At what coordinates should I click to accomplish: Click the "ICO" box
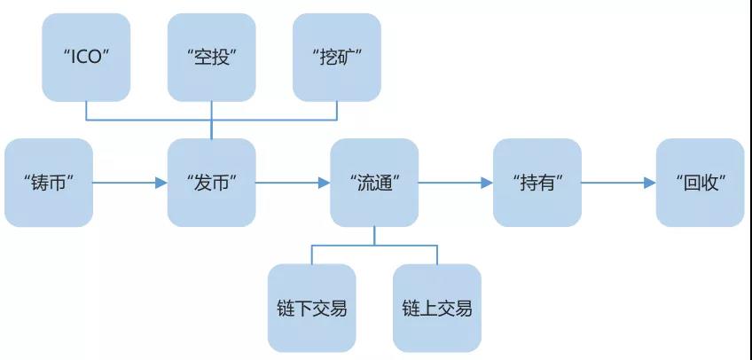point(86,58)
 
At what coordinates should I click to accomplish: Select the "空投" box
point(211,58)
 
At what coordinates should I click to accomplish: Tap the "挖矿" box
point(337,58)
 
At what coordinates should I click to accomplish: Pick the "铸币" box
point(49,183)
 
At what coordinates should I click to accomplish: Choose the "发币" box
point(211,183)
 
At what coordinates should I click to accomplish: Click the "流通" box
point(374,183)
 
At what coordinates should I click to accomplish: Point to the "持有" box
point(537,183)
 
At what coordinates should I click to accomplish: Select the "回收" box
point(701,183)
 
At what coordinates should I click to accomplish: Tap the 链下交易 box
point(312,309)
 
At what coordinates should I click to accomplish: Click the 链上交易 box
point(437,309)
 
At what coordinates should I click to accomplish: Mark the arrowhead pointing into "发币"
point(161,183)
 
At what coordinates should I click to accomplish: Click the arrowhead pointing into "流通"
point(324,183)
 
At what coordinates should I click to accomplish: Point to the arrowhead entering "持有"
point(487,183)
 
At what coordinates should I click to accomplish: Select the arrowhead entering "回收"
point(650,183)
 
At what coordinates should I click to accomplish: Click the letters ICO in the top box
point(86,58)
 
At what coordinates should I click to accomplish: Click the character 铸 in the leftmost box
point(40,184)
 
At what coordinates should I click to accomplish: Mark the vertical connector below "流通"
point(374,236)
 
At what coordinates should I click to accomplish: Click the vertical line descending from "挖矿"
point(337,111)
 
